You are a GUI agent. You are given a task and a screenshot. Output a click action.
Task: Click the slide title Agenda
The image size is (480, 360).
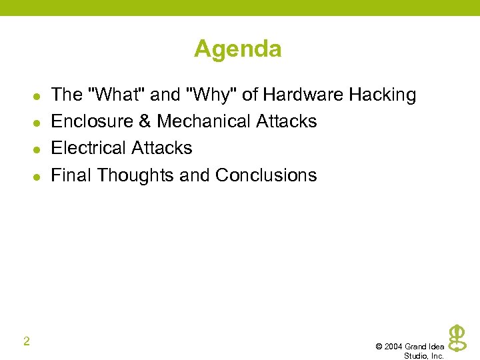[x=238, y=49]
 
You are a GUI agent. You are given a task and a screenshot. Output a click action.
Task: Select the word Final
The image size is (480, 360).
[x=71, y=175]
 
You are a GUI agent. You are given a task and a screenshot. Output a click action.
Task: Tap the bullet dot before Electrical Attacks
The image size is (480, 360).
[x=26, y=149]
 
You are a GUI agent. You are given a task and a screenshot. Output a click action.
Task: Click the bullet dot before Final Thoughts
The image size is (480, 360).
[x=26, y=177]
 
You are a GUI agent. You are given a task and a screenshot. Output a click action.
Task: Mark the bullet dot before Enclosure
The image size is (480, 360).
[x=26, y=123]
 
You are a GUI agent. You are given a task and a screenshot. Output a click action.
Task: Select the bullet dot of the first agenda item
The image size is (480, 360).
[x=26, y=96]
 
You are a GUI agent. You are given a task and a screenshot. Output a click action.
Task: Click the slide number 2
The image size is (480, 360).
[x=26, y=342]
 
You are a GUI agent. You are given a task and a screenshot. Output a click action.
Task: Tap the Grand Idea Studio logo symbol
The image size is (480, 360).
[x=457, y=337]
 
